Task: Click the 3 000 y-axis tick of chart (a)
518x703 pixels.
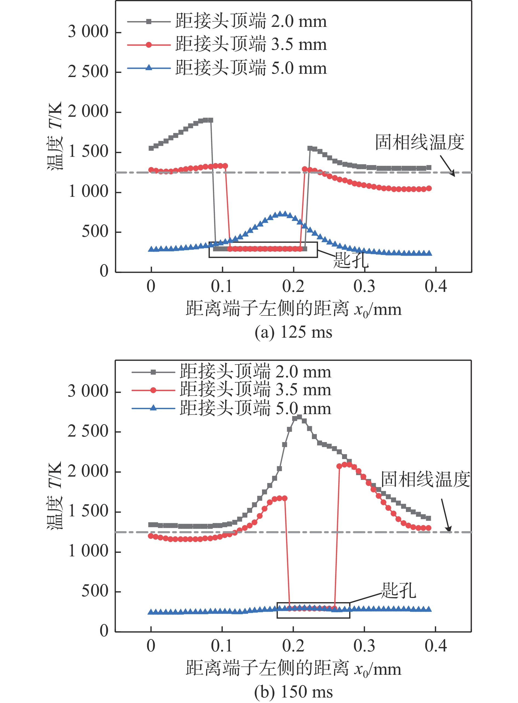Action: tap(88, 32)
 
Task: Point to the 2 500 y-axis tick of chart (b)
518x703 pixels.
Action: tap(88, 431)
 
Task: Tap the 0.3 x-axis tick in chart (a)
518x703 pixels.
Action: tap(364, 287)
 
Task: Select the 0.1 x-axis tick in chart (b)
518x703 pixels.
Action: tap(222, 646)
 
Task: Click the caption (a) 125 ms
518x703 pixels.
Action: tap(293, 332)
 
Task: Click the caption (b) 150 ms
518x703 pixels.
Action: tap(293, 692)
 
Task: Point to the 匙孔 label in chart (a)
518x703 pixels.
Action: tap(351, 260)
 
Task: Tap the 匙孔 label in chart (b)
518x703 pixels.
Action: tap(399, 590)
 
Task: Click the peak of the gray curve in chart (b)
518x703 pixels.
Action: tap(299, 417)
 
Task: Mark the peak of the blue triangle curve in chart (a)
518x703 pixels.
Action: tap(283, 214)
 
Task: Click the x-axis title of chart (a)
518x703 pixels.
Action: tap(293, 309)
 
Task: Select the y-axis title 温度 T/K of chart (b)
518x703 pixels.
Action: tap(55, 496)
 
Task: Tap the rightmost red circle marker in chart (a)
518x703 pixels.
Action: tap(429, 189)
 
